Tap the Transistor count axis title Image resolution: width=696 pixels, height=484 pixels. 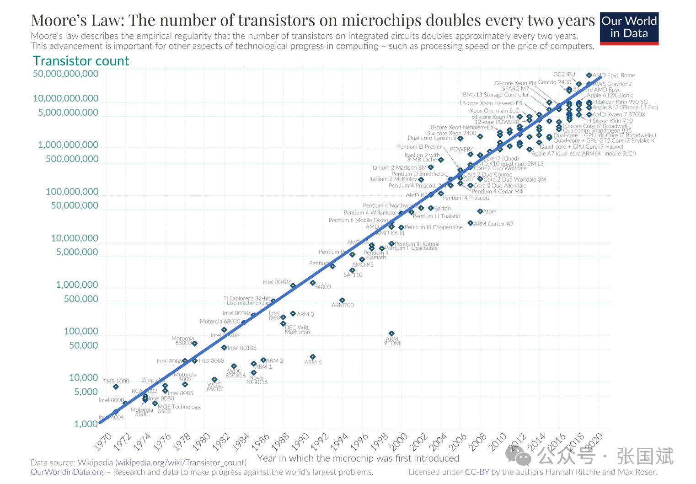pyautogui.click(x=81, y=61)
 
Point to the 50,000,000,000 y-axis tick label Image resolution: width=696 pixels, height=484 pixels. pyautogui.click(x=65, y=74)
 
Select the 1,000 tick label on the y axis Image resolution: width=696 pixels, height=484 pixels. pyautogui.click(x=86, y=424)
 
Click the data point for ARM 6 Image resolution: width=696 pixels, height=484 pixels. pyautogui.click(x=313, y=357)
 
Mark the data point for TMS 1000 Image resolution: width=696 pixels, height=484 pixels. pyautogui.click(x=116, y=387)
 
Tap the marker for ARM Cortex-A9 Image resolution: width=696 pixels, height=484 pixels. pyautogui.click(x=470, y=223)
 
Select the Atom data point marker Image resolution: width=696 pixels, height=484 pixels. pyautogui.click(x=480, y=211)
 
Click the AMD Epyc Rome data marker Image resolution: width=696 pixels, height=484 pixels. pyautogui.click(x=589, y=75)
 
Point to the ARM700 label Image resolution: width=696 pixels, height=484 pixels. pyautogui.click(x=343, y=306)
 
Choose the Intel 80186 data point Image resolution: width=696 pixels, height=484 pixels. pyautogui.click(x=224, y=348)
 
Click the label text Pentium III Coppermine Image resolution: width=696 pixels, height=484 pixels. pyautogui.click(x=434, y=227)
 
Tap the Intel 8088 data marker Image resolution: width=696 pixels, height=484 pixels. pyautogui.click(x=195, y=361)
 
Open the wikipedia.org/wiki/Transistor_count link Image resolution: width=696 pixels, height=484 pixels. pyautogui.click(x=181, y=462)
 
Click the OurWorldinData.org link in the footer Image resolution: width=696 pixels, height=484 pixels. pyautogui.click(x=67, y=472)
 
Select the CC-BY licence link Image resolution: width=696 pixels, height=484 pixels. pyautogui.click(x=477, y=472)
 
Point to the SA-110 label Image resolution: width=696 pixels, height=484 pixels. pyautogui.click(x=353, y=275)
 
